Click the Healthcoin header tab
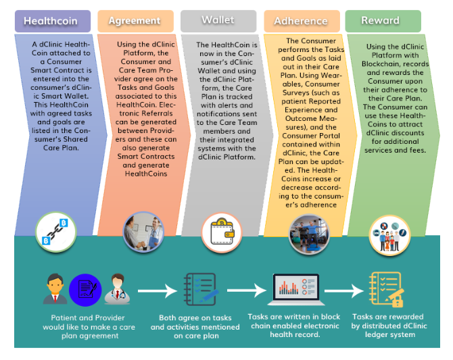click(51, 21)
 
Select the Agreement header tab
click(135, 21)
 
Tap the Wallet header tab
click(218, 20)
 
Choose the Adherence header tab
click(301, 21)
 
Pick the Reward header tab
click(381, 20)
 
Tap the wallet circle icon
click(222, 232)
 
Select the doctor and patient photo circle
click(143, 232)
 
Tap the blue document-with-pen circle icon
click(85, 290)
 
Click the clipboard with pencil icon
click(200, 289)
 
